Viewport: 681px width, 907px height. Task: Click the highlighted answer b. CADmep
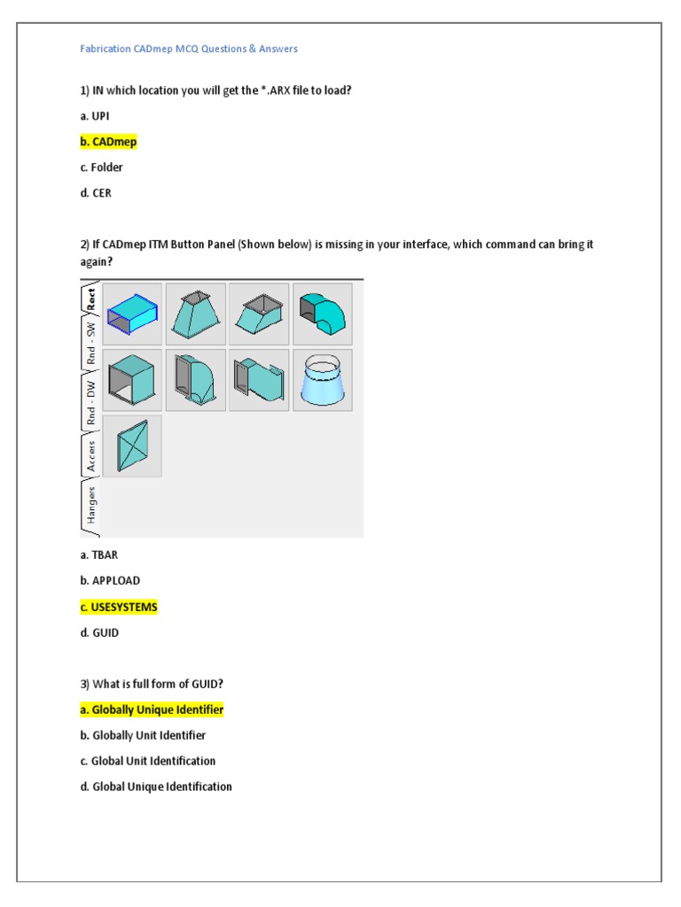[x=108, y=142]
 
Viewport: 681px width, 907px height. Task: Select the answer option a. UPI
[x=95, y=116]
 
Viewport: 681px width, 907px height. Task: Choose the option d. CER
[x=96, y=193]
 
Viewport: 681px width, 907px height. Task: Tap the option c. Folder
[x=101, y=167]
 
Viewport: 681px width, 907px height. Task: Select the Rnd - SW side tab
[x=90, y=343]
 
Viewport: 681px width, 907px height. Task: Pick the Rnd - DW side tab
[x=90, y=400]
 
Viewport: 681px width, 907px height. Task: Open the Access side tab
[x=90, y=455]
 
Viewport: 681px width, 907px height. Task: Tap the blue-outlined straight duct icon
[x=132, y=314]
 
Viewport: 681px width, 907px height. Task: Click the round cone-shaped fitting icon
[x=322, y=380]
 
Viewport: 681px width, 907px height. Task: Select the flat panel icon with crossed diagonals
[x=132, y=446]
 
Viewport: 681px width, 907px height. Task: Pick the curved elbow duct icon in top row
[x=322, y=314]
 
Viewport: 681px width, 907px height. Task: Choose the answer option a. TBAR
[x=99, y=555]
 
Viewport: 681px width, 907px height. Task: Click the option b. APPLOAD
[x=110, y=581]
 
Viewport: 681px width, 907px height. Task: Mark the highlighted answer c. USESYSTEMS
[x=119, y=607]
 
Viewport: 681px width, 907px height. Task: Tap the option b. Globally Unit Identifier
[x=143, y=735]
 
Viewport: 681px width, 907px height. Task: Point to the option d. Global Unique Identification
[x=156, y=787]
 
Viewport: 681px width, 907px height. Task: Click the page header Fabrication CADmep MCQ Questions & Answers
[x=189, y=49]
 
